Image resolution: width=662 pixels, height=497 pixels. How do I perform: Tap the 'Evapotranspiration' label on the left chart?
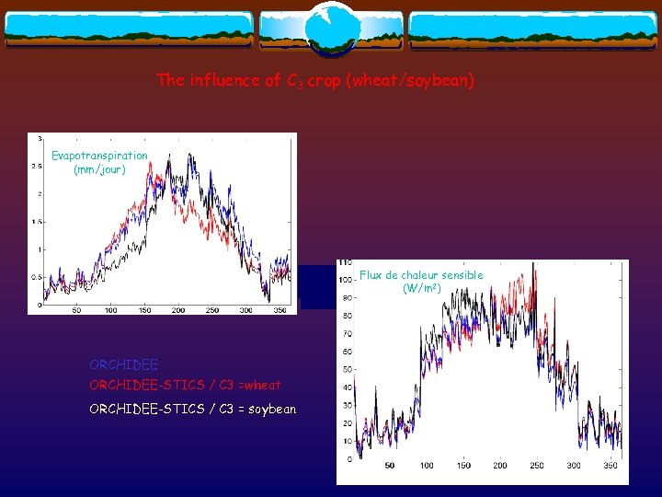coord(99,156)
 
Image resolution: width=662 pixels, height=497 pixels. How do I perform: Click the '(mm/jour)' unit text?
coord(99,169)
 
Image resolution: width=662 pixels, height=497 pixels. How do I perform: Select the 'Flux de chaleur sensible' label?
coord(421,275)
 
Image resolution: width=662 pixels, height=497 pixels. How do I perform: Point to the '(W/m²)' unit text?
coord(422,289)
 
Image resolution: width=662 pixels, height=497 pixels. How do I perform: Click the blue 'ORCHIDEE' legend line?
coord(123,365)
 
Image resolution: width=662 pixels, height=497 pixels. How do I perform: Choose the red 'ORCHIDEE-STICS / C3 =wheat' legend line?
coord(185,385)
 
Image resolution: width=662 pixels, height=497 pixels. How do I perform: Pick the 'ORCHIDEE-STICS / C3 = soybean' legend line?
coord(192,409)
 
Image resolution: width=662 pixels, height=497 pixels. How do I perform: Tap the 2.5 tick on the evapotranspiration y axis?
coord(36,167)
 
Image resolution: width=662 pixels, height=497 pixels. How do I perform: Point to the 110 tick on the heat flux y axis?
coord(345,262)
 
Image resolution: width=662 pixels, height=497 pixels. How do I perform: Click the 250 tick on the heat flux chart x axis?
coord(537,466)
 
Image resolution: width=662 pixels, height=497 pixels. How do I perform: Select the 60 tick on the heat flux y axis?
coord(347,352)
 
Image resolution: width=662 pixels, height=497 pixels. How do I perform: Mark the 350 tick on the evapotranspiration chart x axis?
coord(280,310)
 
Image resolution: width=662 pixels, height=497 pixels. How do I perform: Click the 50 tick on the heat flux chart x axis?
coord(390,466)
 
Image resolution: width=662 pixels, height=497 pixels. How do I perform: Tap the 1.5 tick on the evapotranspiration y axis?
coord(36,222)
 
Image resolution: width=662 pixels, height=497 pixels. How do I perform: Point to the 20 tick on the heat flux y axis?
coord(347,423)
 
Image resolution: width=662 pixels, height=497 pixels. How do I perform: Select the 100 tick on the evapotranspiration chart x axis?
coord(110,310)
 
